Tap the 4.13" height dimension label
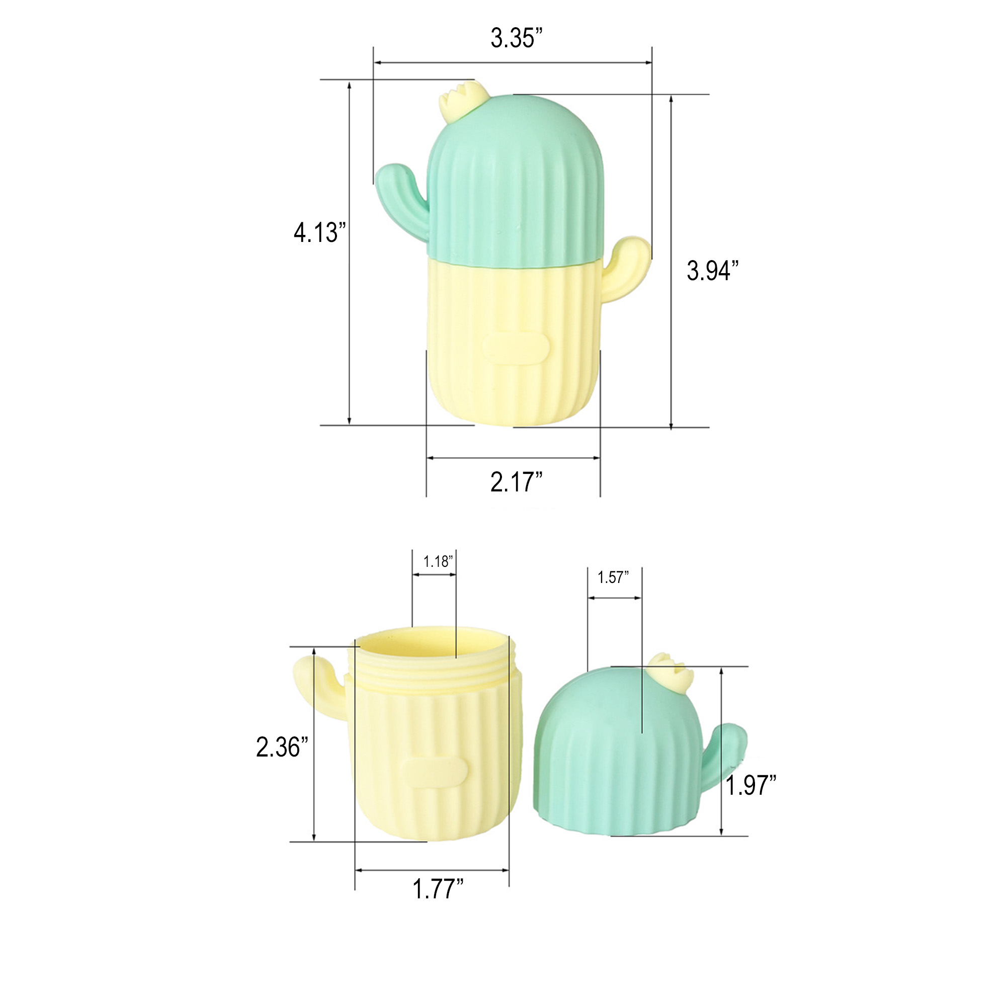(x=319, y=232)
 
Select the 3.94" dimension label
(x=712, y=270)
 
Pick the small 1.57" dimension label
(x=613, y=577)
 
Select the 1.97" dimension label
(x=750, y=785)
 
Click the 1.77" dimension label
(x=438, y=888)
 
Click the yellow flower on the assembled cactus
(x=458, y=101)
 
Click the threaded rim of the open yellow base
(x=432, y=677)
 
